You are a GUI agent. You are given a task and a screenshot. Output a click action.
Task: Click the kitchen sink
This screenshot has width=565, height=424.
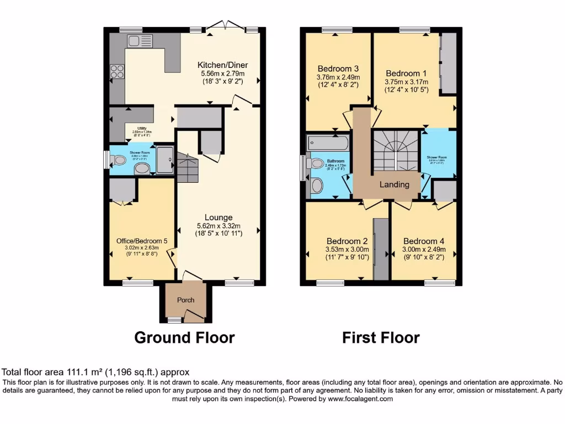point(139,41)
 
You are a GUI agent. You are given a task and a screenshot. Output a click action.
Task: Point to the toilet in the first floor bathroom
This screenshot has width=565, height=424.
point(316,163)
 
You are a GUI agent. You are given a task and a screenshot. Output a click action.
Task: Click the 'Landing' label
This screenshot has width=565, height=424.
point(395,184)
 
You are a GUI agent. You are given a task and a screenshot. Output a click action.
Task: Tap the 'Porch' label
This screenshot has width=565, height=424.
point(185,300)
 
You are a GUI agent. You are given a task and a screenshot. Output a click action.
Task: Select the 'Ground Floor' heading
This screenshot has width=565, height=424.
point(184,337)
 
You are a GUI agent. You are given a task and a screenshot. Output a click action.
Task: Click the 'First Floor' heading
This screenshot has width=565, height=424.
point(381,337)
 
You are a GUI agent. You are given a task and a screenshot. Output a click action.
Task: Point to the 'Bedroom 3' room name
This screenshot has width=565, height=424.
point(338,69)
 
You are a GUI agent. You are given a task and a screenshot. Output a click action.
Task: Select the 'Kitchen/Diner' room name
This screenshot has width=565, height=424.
point(222,65)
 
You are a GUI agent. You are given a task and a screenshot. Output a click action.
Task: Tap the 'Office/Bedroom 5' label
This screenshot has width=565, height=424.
point(142,241)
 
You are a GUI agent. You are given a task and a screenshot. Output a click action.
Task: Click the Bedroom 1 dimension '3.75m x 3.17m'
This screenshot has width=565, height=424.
point(407,82)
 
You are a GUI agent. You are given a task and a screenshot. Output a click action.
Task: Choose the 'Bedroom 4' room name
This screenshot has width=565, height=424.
point(424,241)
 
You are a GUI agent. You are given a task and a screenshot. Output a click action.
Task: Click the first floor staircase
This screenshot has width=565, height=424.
point(395,151)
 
